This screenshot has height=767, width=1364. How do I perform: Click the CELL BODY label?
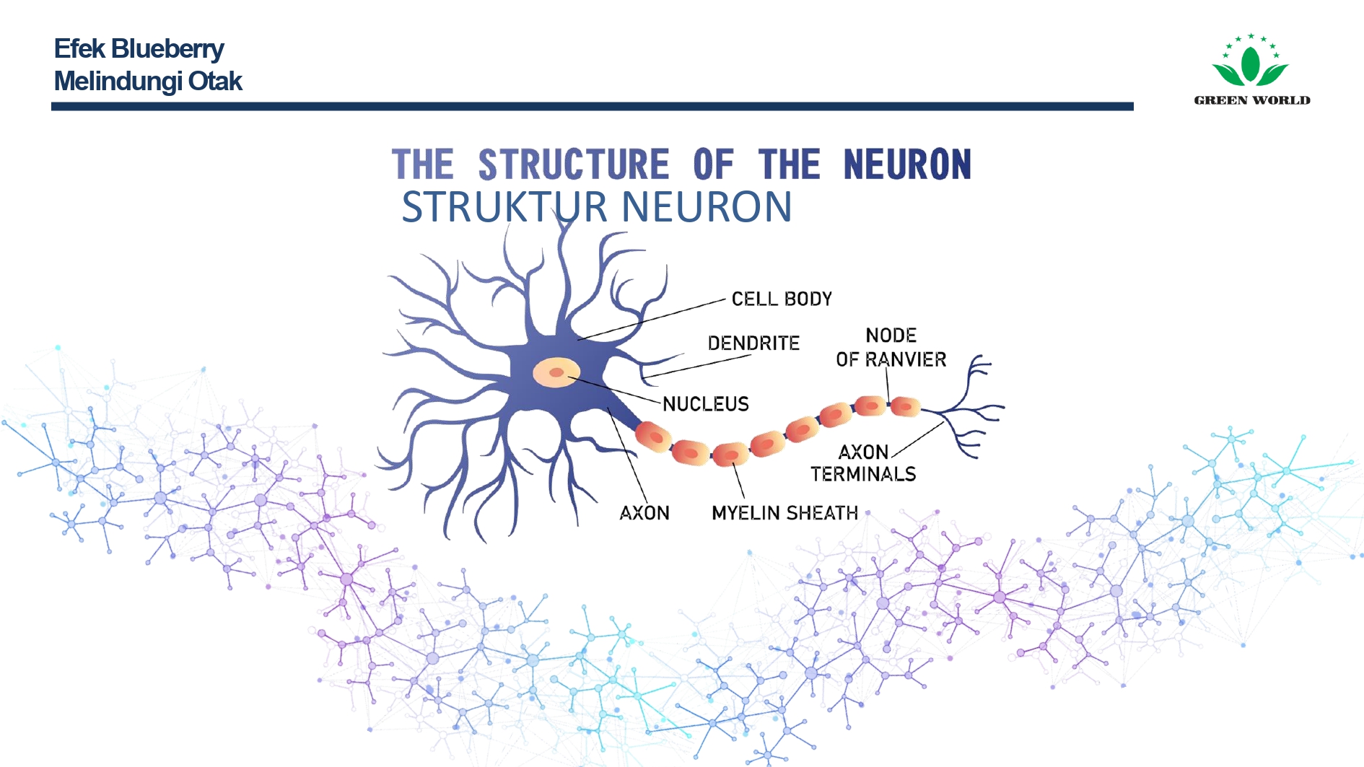782,299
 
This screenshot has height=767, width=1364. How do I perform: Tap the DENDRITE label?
753,343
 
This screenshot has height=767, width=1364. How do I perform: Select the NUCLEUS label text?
706,404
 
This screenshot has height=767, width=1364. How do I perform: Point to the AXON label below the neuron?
644,513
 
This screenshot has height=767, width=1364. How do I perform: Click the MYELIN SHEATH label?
784,513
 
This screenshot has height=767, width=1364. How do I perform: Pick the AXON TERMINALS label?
863,463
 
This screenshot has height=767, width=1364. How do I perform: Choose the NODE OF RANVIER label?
891,347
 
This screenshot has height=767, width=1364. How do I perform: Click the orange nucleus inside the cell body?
556,372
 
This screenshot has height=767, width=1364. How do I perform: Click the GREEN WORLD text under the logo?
1252,100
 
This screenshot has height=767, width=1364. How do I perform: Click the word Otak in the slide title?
215,82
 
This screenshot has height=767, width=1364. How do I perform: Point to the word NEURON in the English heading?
907,165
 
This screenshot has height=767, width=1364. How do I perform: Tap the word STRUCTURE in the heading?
574,165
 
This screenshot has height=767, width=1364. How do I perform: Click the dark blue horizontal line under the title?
592,107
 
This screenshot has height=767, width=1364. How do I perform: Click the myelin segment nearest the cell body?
653,436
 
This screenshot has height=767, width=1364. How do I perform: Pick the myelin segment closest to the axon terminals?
905,406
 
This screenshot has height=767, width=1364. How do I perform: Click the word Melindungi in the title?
118,82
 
